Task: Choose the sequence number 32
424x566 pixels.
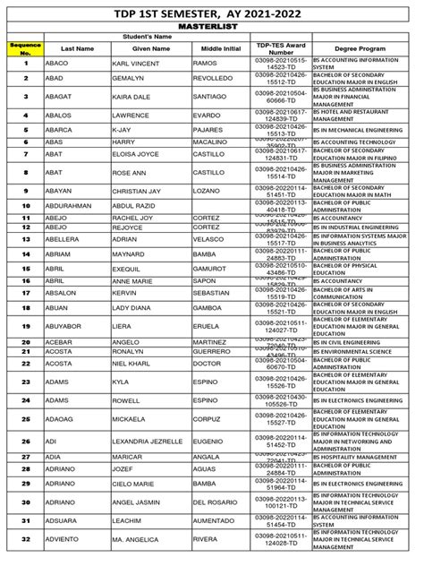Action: point(26,540)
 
